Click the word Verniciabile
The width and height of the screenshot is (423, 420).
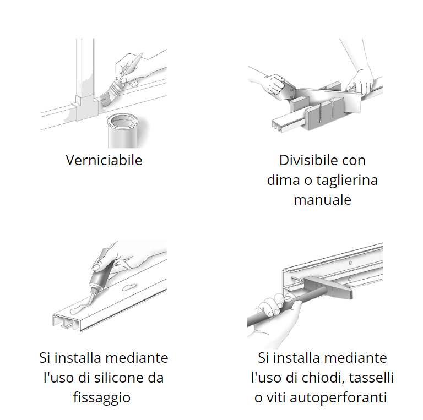coord(104,160)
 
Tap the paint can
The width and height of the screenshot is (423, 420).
coord(123,131)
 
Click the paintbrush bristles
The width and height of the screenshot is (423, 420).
coord(106,98)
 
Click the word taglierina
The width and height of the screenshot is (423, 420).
coord(347,180)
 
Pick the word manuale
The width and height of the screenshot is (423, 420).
coord(322,200)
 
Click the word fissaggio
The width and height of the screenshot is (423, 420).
coord(102,397)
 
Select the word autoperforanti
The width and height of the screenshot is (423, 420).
coord(338,397)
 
